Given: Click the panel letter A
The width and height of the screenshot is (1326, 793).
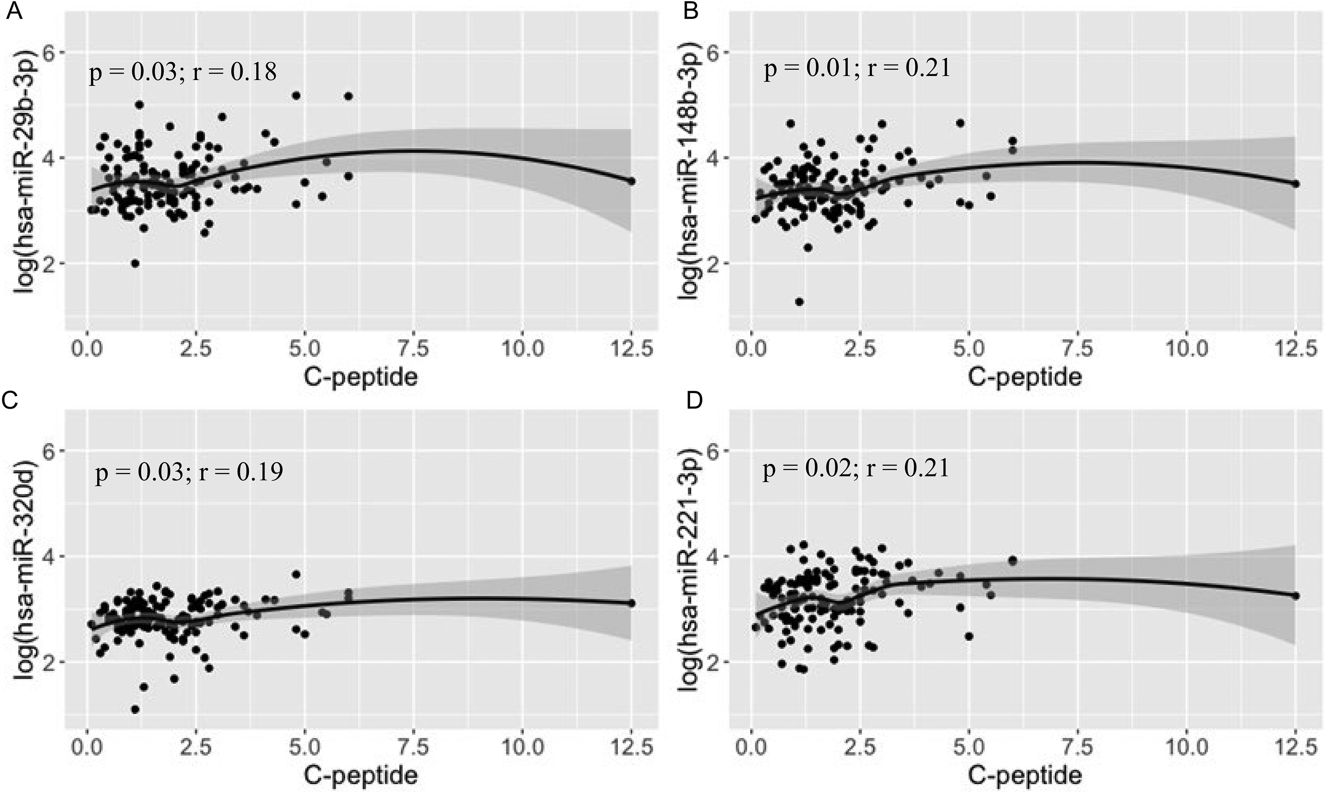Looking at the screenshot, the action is tap(13, 11).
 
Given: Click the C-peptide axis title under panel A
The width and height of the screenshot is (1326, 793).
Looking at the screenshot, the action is tap(361, 377).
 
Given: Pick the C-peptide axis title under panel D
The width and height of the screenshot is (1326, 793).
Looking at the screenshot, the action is tap(1025, 774).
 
